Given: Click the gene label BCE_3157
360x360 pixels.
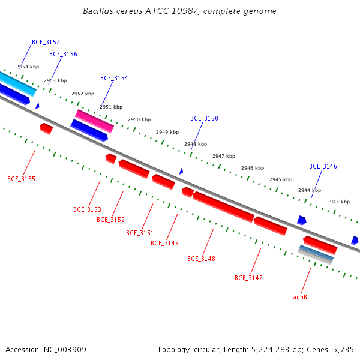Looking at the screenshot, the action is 46,42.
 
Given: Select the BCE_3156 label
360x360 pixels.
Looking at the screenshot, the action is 63,54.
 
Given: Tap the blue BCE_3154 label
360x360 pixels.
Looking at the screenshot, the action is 114,78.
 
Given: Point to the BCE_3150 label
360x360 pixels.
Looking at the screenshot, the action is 204,118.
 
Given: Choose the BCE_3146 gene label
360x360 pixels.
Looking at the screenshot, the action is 323,166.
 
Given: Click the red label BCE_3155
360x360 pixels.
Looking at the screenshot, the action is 22,179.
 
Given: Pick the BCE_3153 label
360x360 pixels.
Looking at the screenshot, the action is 87,209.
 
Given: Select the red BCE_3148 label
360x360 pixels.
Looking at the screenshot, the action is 201,259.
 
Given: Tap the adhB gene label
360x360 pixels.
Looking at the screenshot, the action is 300,298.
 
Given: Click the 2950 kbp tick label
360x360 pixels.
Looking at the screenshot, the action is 139,119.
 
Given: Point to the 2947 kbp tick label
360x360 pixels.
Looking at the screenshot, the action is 224,157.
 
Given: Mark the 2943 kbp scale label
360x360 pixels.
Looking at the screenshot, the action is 338,202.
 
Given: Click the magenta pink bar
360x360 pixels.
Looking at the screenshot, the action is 94,121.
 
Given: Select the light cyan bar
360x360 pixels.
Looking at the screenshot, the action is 17,83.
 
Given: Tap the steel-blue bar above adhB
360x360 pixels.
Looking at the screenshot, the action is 316,253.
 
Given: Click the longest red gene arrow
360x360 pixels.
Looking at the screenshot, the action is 223,207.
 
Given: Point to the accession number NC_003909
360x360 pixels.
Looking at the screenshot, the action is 65,350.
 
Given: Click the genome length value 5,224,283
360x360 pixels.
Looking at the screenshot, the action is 270,350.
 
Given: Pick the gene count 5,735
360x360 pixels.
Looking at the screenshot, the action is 343,350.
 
